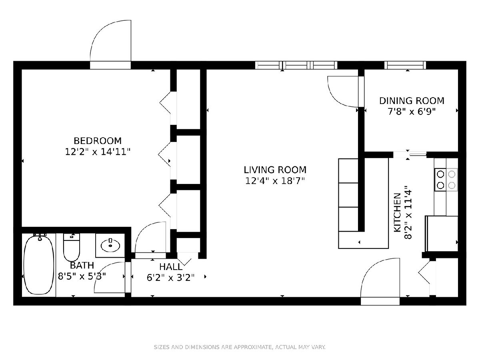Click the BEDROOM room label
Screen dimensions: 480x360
click(98, 141)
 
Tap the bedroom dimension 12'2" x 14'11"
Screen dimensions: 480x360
click(98, 152)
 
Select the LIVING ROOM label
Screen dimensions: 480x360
click(275, 170)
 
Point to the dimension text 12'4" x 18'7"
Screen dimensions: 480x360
click(275, 181)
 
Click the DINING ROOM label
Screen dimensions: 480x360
click(412, 101)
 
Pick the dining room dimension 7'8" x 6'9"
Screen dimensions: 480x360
click(412, 112)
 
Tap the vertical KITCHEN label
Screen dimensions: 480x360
click(397, 212)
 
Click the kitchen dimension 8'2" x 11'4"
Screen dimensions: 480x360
click(408, 212)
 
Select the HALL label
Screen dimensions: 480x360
click(170, 267)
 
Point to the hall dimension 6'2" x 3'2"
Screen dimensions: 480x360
click(170, 278)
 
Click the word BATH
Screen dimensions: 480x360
click(82, 265)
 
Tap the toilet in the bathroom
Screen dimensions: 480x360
click(71, 247)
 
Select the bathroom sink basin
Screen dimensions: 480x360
click(110, 246)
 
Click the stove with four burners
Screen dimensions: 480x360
click(446, 180)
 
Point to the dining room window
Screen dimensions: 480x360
click(405, 65)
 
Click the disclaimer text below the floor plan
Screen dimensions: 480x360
click(240, 347)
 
